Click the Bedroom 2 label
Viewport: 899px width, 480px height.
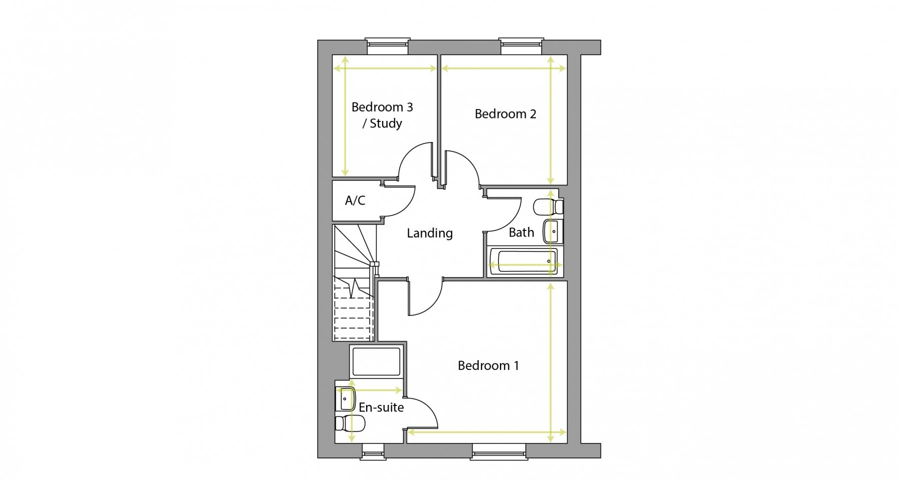point(505,114)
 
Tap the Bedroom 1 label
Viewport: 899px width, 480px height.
point(488,365)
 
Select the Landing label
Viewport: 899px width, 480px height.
point(430,233)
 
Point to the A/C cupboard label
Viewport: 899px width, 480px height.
point(355,200)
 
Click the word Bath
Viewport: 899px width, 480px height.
point(521,232)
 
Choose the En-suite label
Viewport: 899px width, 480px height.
point(381,407)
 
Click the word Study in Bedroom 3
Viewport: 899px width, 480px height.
point(386,123)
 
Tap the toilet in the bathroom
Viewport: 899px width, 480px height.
point(548,206)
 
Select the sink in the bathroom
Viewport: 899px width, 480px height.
point(553,231)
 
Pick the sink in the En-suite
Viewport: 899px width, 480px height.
point(346,399)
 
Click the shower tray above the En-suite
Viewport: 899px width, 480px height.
point(377,361)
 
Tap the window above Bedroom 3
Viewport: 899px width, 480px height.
point(388,46)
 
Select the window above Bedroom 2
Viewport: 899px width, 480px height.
point(521,46)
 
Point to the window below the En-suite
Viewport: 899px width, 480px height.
point(374,451)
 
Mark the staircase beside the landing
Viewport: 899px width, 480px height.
point(354,282)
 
